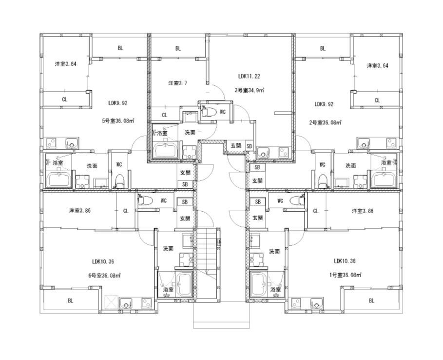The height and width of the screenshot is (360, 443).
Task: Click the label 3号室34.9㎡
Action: tap(249, 91)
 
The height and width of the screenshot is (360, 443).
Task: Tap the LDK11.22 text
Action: tap(249, 76)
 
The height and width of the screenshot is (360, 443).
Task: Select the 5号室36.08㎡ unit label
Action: tap(117, 121)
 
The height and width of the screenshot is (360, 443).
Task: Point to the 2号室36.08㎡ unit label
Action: tap(325, 123)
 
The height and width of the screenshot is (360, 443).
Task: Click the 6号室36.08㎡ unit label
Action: tap(104, 275)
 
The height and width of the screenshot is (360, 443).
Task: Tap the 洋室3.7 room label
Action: tap(177, 83)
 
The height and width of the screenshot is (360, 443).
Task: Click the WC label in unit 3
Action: tap(223, 112)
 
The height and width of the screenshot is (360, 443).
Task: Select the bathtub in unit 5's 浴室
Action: tap(59, 179)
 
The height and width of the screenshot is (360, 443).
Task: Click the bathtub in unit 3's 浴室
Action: tap(165, 150)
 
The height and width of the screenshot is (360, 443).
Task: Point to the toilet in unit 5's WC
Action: tap(120, 180)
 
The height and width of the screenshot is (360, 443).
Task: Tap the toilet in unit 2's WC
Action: tap(322, 181)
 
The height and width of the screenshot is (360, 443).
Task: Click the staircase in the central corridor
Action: tap(207, 263)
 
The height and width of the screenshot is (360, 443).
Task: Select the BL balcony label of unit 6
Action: tap(70, 301)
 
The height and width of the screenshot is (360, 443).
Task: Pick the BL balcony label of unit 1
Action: tap(371, 300)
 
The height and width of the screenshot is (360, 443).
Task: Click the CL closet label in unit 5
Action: tap(65, 100)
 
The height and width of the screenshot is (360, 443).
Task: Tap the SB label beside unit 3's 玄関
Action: tap(249, 146)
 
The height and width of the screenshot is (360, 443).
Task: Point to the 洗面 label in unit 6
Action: tap(168, 249)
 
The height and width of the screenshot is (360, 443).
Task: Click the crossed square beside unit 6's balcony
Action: tap(111, 302)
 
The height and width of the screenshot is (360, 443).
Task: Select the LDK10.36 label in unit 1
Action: tap(345, 261)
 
